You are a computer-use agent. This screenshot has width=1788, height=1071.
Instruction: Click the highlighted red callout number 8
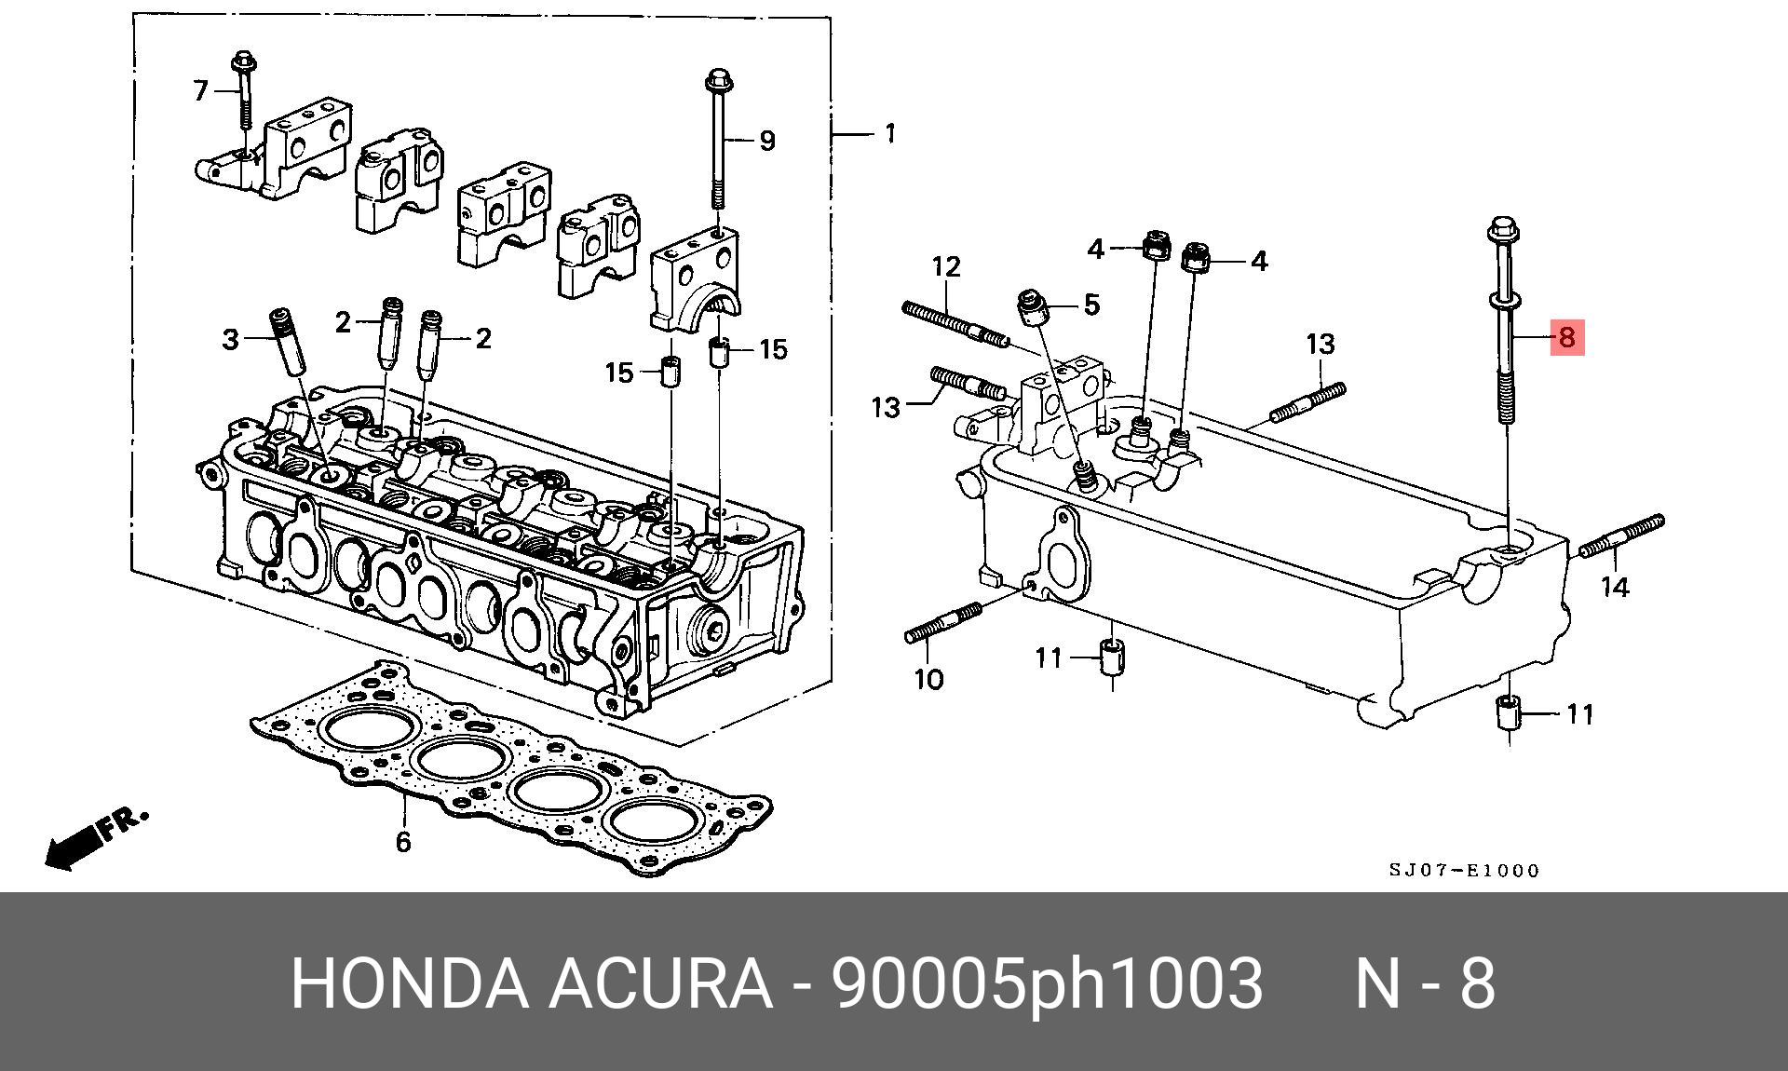1566,337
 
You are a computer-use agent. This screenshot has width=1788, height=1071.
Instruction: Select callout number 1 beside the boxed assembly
889,134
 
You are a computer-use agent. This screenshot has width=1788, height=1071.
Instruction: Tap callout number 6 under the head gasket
402,842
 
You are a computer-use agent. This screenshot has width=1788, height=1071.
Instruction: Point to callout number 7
200,91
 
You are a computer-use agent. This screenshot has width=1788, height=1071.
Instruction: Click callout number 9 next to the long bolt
766,141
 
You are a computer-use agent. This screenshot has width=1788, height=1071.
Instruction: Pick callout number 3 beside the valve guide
230,340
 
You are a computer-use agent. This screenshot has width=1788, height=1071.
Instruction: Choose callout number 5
1091,305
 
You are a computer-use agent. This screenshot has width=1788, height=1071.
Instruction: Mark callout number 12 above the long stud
946,267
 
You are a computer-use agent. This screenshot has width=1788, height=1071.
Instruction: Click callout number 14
1615,588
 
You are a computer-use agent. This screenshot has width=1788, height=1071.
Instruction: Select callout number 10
928,679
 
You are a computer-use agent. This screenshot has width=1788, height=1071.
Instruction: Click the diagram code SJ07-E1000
1464,871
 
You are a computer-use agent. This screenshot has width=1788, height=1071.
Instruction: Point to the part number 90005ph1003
1047,983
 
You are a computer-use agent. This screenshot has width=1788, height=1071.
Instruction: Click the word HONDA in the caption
409,983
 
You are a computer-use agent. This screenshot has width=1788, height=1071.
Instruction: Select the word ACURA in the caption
659,983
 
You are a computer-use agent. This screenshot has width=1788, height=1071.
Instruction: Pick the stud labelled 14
1621,537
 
